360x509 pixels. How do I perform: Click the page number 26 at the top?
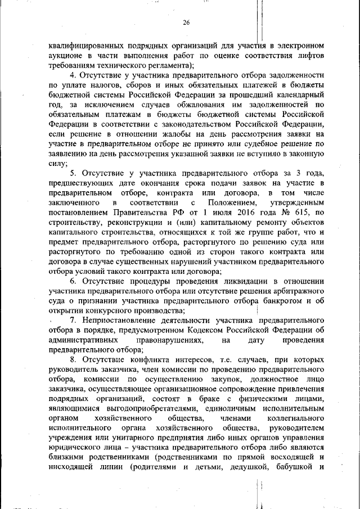point(187,22)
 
